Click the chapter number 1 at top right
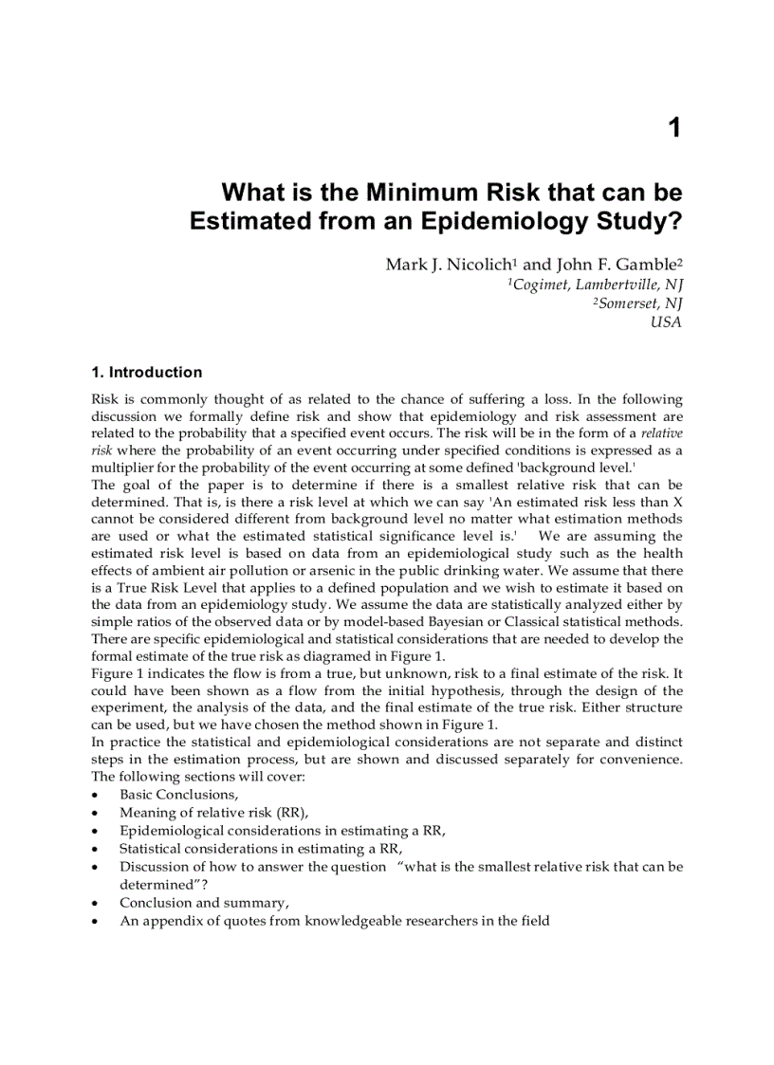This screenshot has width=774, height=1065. [x=673, y=128]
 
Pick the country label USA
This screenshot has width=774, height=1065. [x=665, y=322]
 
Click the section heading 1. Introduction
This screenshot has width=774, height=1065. [x=146, y=372]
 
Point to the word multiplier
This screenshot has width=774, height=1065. [x=122, y=468]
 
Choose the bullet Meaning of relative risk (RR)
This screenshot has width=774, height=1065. [x=213, y=812]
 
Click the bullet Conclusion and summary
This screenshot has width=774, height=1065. [x=204, y=902]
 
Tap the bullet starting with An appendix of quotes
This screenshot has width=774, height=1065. [x=334, y=920]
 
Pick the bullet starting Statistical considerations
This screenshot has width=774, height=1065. [x=260, y=848]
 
